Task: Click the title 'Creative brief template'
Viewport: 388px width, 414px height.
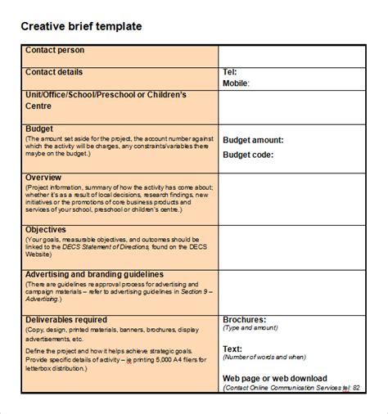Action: (81, 26)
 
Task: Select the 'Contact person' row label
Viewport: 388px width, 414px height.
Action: (55, 51)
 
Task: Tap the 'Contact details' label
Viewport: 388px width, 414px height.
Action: (54, 72)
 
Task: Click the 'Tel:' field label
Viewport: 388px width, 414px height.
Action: (230, 72)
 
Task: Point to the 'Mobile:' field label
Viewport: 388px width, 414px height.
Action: (237, 83)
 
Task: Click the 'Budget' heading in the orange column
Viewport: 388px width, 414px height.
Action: (40, 129)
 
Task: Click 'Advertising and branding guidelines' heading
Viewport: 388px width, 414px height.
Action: (95, 274)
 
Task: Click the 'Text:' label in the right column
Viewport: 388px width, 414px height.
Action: (233, 349)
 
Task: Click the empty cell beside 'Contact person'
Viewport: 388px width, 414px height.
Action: (291, 56)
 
